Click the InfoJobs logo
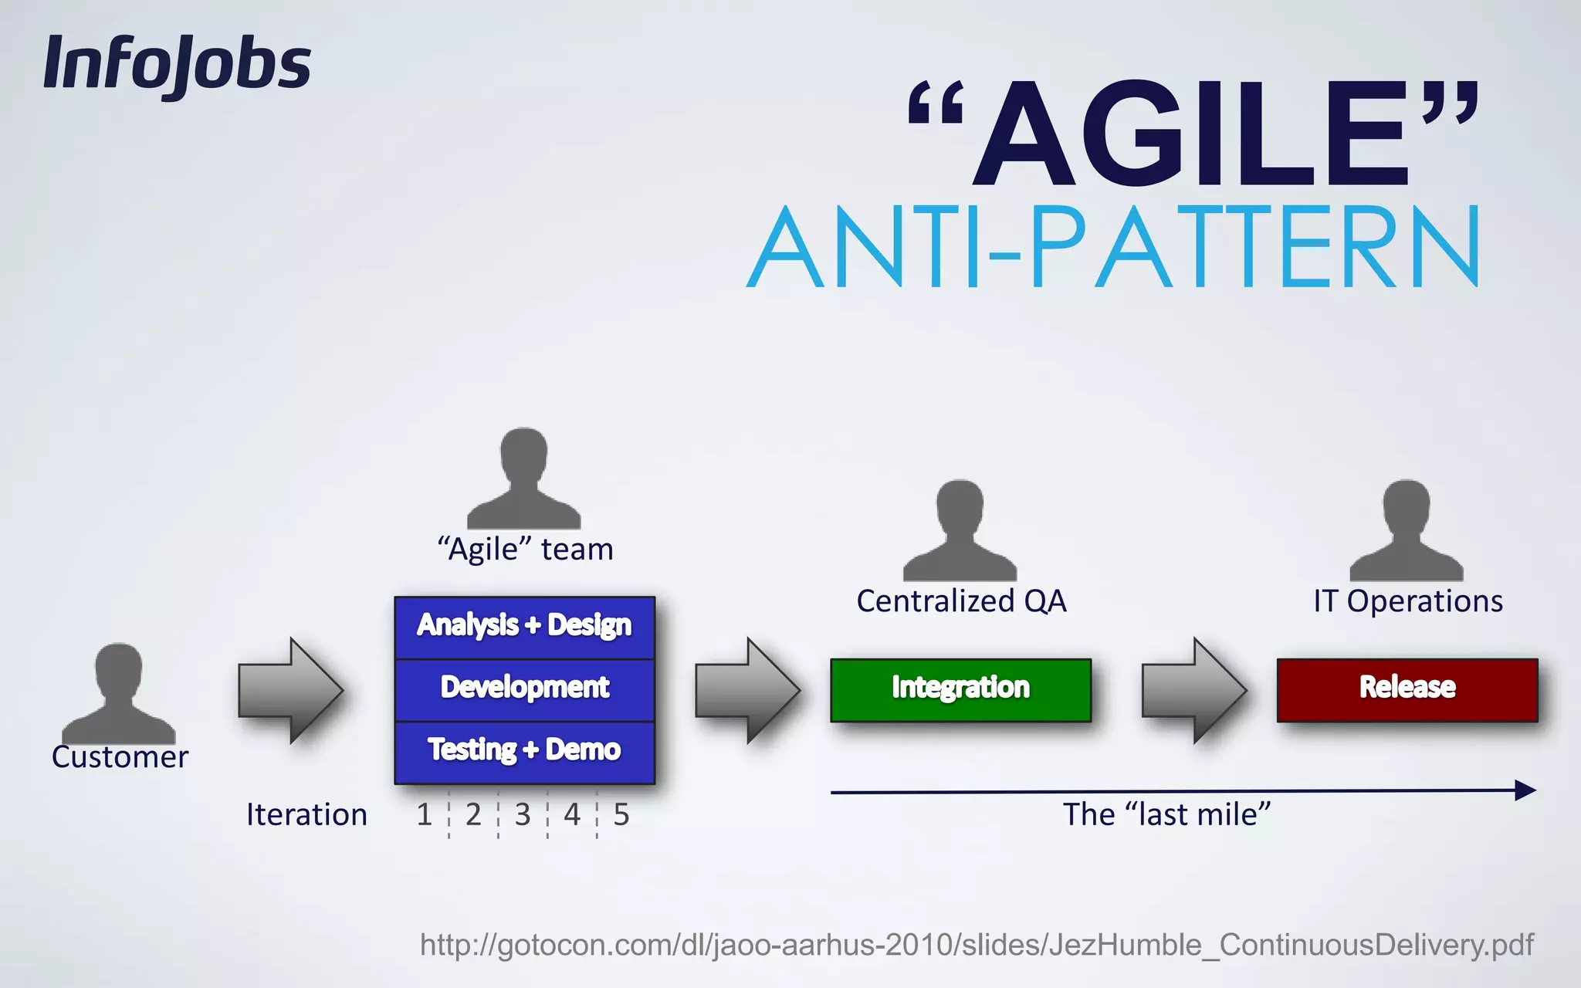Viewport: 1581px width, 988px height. point(177,65)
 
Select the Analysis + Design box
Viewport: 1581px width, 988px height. point(524,626)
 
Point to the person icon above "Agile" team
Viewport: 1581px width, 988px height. point(523,479)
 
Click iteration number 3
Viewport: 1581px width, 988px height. point(523,815)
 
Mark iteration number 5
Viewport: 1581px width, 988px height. point(621,815)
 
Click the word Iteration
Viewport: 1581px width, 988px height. point(306,815)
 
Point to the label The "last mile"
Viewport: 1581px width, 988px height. point(1166,815)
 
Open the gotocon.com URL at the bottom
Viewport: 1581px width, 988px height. point(976,945)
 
